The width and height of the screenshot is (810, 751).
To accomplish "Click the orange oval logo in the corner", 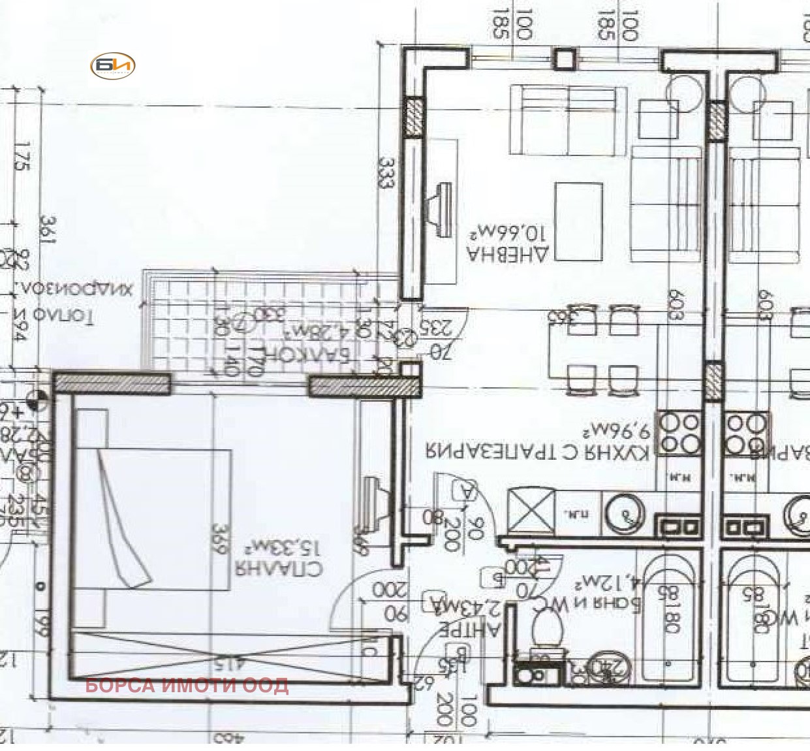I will pos(112,65).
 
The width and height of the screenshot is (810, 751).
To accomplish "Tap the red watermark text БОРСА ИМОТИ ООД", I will pos(187,685).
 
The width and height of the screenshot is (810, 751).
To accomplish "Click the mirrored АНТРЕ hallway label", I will pos(469,629).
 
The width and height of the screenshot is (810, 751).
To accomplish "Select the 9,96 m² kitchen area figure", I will pos(616,431).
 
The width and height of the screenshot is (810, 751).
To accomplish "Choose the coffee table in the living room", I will pos(578,221).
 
